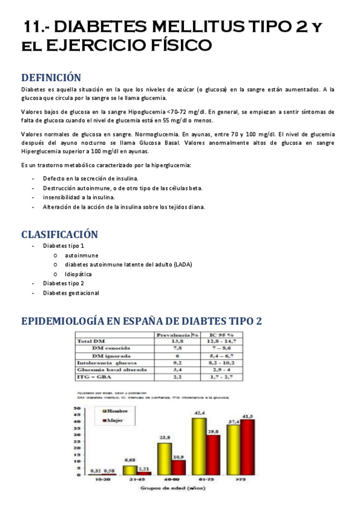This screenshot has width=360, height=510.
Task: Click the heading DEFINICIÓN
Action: (51, 78)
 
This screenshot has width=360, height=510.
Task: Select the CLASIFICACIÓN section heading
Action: (59, 234)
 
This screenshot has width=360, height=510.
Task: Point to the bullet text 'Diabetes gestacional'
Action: (71, 293)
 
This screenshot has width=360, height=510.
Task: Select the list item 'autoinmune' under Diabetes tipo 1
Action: (81, 255)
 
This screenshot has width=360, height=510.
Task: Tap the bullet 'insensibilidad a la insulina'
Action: (78, 197)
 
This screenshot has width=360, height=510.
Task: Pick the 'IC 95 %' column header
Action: (221, 335)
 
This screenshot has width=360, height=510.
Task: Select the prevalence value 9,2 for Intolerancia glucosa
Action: (177, 363)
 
